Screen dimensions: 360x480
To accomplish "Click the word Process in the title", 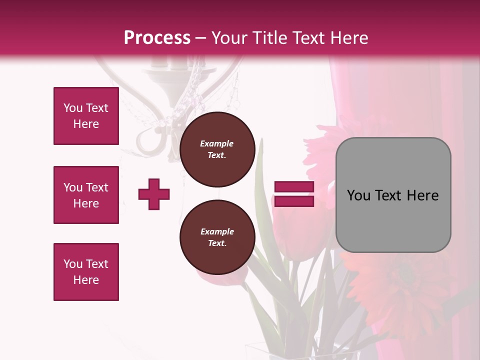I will [157, 38].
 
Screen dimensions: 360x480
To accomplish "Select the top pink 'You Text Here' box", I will [86, 116].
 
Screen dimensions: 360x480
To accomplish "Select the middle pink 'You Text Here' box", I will [86, 195].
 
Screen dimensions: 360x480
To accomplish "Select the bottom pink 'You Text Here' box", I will [86, 272].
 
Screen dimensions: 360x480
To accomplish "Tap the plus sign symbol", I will [154, 194].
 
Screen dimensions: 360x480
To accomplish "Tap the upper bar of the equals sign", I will [294, 187].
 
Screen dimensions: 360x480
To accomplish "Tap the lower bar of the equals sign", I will [294, 201].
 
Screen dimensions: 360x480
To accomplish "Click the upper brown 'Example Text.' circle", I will [217, 149].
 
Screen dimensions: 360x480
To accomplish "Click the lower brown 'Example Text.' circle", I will [217, 237].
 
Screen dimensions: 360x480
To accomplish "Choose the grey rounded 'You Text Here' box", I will [393, 195].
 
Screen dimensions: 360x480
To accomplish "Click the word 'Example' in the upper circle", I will [217, 144].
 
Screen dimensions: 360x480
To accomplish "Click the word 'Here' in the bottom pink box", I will [86, 280].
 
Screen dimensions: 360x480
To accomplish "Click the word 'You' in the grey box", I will [358, 195].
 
